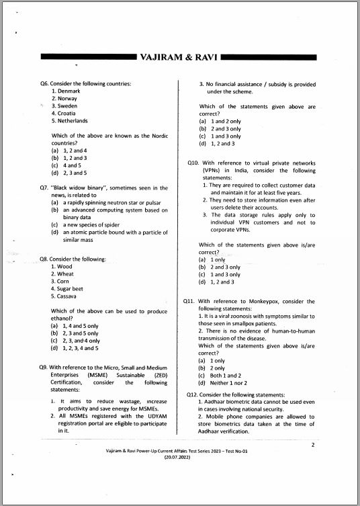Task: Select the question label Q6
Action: (46, 83)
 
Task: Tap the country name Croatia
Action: (67, 114)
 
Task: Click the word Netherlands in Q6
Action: (73, 121)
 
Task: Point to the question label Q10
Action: (193, 163)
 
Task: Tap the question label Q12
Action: (192, 394)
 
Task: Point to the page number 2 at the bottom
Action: (312, 444)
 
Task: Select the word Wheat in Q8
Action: (66, 273)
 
